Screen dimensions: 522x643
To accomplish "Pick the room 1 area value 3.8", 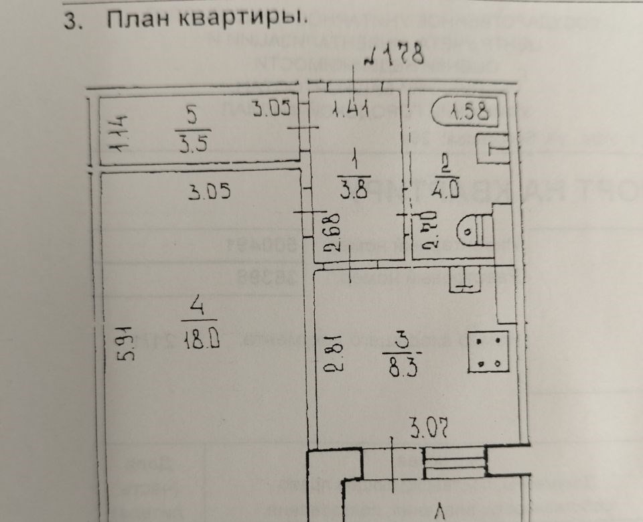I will point(356,189).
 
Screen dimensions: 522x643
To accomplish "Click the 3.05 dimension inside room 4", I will point(209,193).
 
